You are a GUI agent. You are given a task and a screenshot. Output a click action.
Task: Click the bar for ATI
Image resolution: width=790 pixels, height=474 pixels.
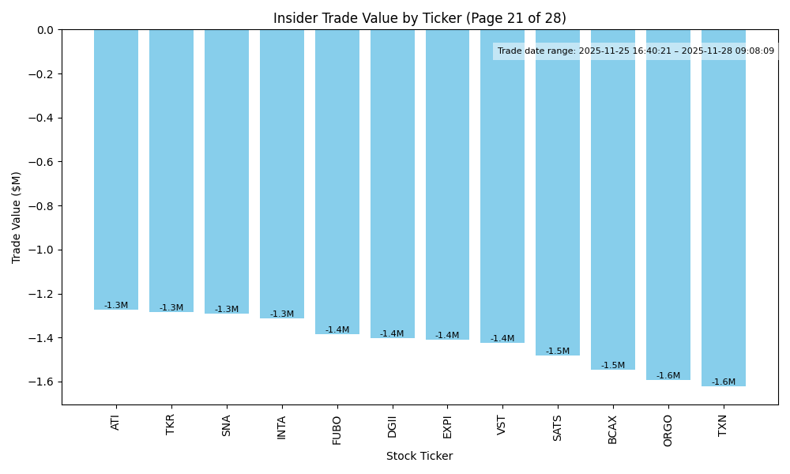tap(116, 170)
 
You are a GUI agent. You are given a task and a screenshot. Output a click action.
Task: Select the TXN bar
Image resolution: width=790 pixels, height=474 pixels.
tap(723, 208)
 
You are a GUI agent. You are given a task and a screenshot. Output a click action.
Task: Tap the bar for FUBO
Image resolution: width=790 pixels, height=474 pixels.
tap(337, 182)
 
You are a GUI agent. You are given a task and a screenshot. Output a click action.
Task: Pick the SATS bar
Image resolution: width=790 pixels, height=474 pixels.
tap(558, 193)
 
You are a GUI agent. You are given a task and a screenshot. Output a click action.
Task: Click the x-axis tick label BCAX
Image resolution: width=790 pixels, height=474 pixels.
tap(613, 429)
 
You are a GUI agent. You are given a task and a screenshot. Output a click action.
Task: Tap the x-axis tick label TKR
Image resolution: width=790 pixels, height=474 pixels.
tap(171, 424)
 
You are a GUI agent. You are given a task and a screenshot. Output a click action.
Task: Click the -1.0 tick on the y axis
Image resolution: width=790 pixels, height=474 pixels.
tap(43, 250)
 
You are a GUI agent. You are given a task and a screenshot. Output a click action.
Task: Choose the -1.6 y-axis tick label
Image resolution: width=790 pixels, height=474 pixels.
tap(43, 382)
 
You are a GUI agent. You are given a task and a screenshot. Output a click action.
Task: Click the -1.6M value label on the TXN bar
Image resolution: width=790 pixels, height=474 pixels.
tap(723, 382)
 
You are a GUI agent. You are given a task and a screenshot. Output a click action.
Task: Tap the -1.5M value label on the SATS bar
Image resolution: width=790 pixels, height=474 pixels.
tap(558, 352)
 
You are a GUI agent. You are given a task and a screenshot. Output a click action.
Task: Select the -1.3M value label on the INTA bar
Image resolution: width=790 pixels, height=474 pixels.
tap(282, 314)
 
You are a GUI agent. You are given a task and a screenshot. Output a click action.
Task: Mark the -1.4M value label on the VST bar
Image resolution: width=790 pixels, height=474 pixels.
tap(502, 339)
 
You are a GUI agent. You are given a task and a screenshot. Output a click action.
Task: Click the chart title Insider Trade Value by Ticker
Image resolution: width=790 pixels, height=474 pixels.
tap(419, 18)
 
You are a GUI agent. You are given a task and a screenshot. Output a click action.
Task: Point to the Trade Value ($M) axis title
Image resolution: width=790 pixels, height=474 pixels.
tap(17, 217)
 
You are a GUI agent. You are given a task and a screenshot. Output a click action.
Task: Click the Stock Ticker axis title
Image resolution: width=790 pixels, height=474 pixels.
tap(419, 456)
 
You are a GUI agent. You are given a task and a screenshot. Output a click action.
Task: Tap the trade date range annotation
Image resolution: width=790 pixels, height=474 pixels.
tap(635, 51)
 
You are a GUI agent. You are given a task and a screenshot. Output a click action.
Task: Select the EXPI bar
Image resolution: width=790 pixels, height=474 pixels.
tap(447, 185)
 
